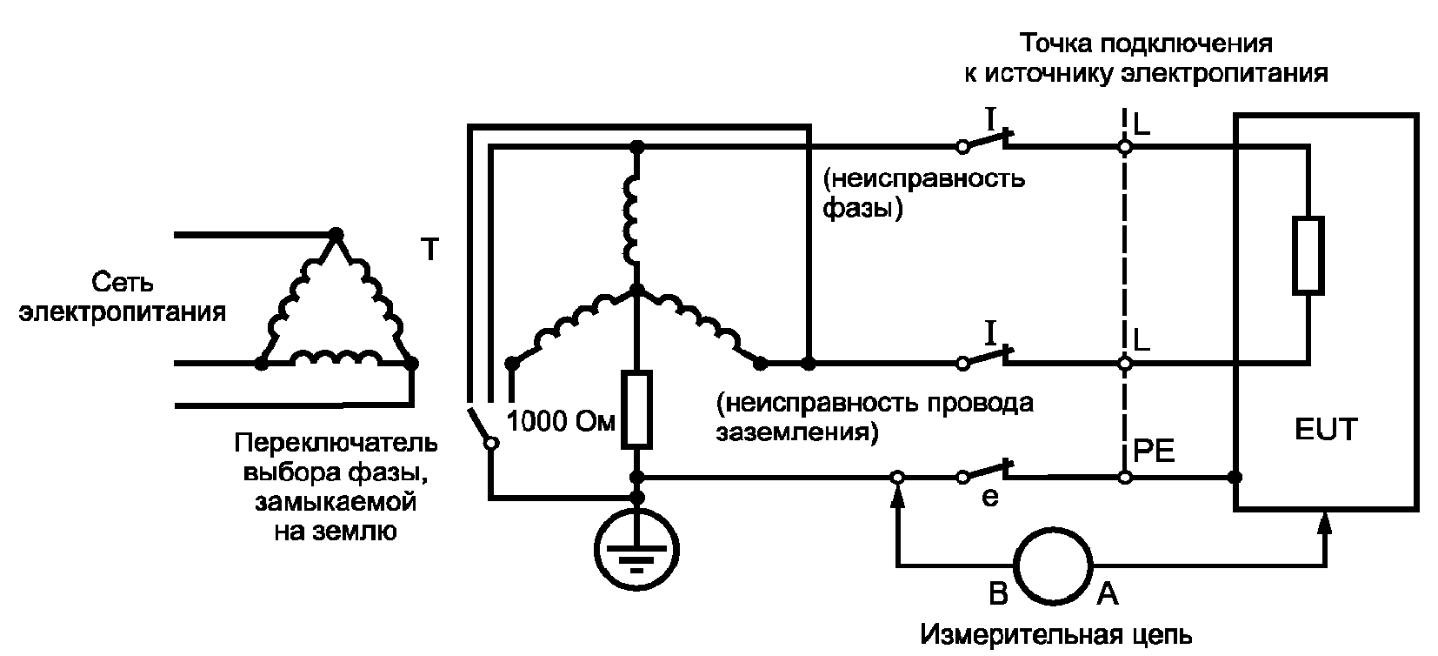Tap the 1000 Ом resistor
point(636,409)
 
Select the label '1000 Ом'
point(561,421)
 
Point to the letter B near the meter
point(998,593)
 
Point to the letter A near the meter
point(1108,593)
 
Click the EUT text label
point(1327,429)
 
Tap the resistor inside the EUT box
point(1308,256)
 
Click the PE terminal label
point(1154,451)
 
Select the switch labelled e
point(985,472)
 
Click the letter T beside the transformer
point(429,250)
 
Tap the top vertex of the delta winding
point(335,234)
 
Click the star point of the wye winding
point(636,291)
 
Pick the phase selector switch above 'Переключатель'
point(480,426)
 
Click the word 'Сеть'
point(122,282)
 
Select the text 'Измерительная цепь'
point(1056,634)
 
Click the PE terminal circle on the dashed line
point(1125,478)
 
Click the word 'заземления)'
point(796,432)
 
